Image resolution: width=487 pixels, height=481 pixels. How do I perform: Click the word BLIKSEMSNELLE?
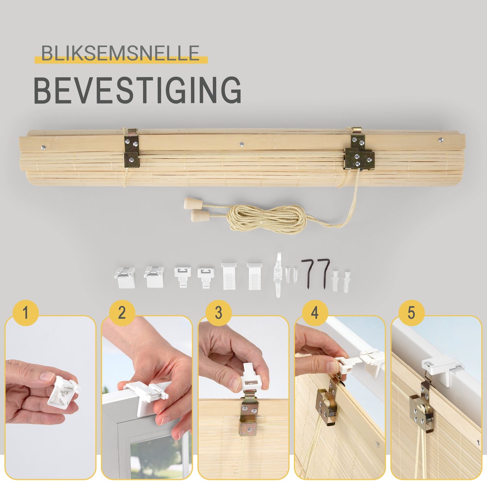point(120,53)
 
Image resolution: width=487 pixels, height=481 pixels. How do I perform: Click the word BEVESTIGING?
point(138,90)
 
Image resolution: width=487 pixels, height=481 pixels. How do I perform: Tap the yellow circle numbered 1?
point(26,313)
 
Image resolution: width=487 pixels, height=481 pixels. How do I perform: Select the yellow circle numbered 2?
point(122,313)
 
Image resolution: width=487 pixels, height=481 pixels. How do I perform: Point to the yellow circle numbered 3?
point(218,313)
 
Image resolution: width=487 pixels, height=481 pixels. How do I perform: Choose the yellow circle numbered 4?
point(315,313)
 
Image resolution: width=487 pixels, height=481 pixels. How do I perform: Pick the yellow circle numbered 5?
point(411,313)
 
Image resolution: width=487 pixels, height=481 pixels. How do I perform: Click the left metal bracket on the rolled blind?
point(131,149)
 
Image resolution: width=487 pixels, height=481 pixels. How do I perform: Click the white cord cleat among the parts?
point(278,275)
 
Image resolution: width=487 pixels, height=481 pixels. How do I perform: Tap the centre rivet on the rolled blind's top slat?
point(242,145)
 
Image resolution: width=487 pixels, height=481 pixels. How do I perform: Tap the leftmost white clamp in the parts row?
point(125,277)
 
